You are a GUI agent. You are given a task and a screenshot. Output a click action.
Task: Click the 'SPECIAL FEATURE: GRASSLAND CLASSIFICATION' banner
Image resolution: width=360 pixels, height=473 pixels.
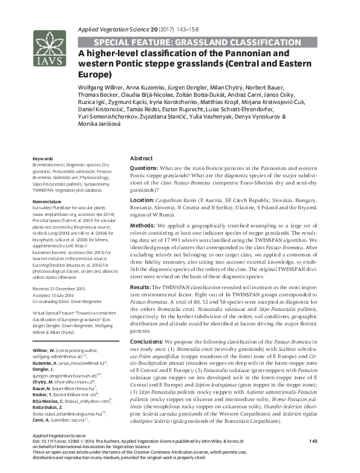(x=197, y=42)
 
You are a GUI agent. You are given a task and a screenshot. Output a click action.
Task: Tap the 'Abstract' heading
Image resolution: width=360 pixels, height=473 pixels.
(x=142, y=158)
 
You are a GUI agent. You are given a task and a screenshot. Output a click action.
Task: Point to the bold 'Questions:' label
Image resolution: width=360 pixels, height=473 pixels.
(x=145, y=168)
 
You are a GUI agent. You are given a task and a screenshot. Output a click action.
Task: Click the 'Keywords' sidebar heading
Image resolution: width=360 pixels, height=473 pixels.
(x=43, y=159)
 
